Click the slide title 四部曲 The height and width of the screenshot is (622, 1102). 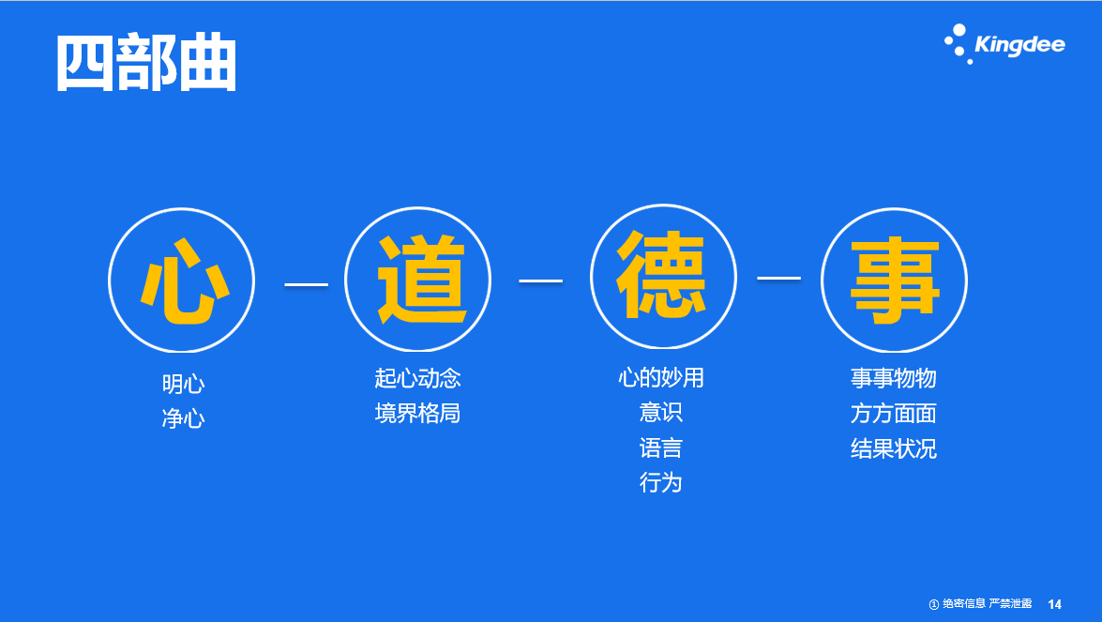tap(146, 63)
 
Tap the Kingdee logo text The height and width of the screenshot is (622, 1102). tap(1019, 44)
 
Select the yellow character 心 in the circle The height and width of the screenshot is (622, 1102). tap(184, 281)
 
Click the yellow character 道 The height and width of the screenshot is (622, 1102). tap(421, 279)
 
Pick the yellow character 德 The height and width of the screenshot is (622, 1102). tap(661, 275)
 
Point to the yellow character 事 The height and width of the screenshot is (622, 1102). tap(895, 280)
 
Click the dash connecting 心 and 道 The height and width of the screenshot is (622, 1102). tap(306, 284)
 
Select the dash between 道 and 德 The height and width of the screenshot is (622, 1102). tap(540, 281)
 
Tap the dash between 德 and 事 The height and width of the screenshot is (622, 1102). tap(778, 279)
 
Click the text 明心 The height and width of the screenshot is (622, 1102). tap(184, 384)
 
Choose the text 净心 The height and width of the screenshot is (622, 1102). tap(184, 418)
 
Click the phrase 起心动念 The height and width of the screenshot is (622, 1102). tap(417, 378)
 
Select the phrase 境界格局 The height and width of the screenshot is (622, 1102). tap(417, 413)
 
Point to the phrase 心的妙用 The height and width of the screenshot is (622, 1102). tap(660, 377)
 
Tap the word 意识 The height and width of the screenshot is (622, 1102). tap(660, 412)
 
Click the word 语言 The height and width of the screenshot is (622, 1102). tap(660, 448)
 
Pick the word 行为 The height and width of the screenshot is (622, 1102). tap(660, 483)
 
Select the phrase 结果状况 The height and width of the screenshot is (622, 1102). tap(893, 448)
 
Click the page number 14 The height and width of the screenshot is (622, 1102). tap(1054, 604)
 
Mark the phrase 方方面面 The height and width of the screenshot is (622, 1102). tap(893, 414)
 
